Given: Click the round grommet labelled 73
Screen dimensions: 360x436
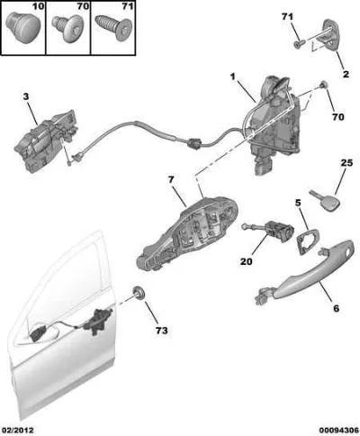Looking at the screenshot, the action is pos(139,293).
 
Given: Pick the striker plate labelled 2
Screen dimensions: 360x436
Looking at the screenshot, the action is pos(330,35).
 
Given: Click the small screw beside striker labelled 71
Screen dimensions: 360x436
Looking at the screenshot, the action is pos(299,44).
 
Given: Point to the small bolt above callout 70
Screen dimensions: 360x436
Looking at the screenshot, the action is pos(324,86).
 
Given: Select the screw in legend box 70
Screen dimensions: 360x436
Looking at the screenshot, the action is pos(67,29).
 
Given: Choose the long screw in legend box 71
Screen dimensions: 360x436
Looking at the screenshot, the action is pos(114,28).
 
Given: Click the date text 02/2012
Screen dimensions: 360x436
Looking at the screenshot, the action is pos(17,431).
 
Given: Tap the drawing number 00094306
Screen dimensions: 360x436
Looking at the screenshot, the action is pos(339,431).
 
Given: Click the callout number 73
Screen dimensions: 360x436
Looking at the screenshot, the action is pos(162,331).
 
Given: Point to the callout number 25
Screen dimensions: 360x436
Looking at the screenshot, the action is pos(346,163).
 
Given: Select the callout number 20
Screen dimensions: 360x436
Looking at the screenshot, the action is pos(247,261).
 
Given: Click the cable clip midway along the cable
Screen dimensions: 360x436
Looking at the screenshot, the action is pos(194,143).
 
